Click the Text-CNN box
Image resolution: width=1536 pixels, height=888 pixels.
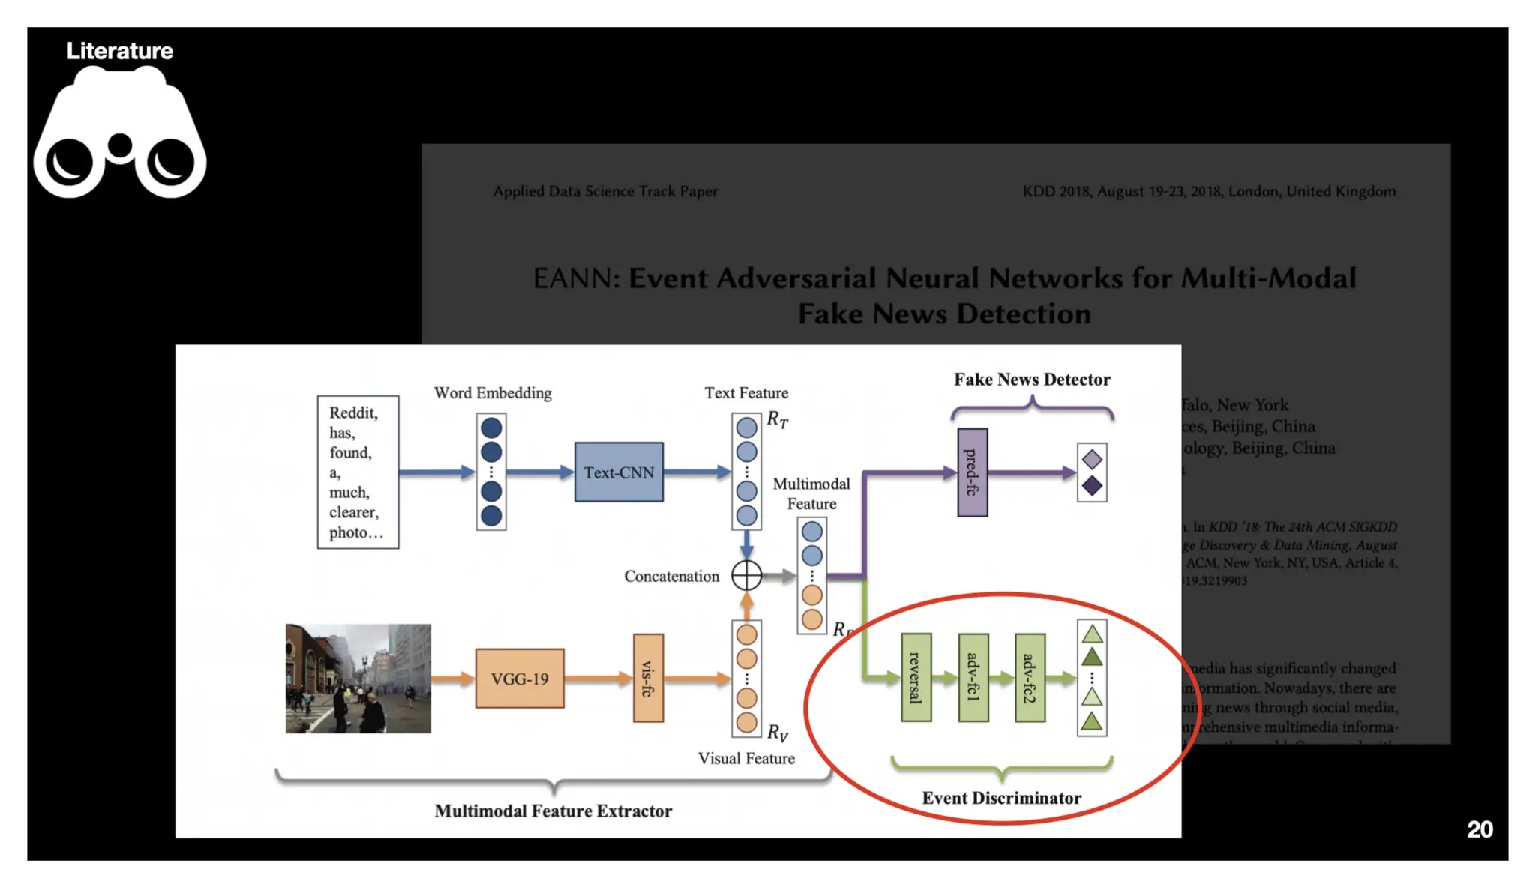pos(619,472)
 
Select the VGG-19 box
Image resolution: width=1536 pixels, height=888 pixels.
pos(519,679)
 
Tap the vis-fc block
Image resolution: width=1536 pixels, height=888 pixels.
pos(648,678)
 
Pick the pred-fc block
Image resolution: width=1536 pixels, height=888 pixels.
pos(972,472)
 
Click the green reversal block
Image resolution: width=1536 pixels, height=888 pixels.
pos(916,678)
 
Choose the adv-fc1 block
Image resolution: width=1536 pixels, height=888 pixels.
pos(973,678)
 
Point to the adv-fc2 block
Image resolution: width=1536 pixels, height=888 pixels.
pos(1030,678)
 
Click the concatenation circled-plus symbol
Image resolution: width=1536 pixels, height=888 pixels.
pos(746,576)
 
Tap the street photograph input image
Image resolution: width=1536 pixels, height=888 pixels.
pos(358,679)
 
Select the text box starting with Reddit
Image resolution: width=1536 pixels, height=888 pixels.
pos(358,472)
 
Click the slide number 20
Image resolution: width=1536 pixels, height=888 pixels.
pos(1479,829)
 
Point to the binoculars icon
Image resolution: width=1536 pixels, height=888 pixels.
pos(120,135)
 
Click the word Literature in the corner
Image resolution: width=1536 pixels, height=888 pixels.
pos(120,51)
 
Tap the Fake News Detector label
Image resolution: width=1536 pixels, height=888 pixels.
pos(1032,379)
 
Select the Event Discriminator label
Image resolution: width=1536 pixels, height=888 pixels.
pos(1001,798)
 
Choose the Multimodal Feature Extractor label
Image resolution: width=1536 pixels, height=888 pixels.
pos(553,811)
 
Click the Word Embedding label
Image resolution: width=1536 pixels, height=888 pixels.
pos(493,393)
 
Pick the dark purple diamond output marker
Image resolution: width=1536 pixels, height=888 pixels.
pos(1092,486)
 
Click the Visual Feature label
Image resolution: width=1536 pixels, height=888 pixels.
pos(746,758)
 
